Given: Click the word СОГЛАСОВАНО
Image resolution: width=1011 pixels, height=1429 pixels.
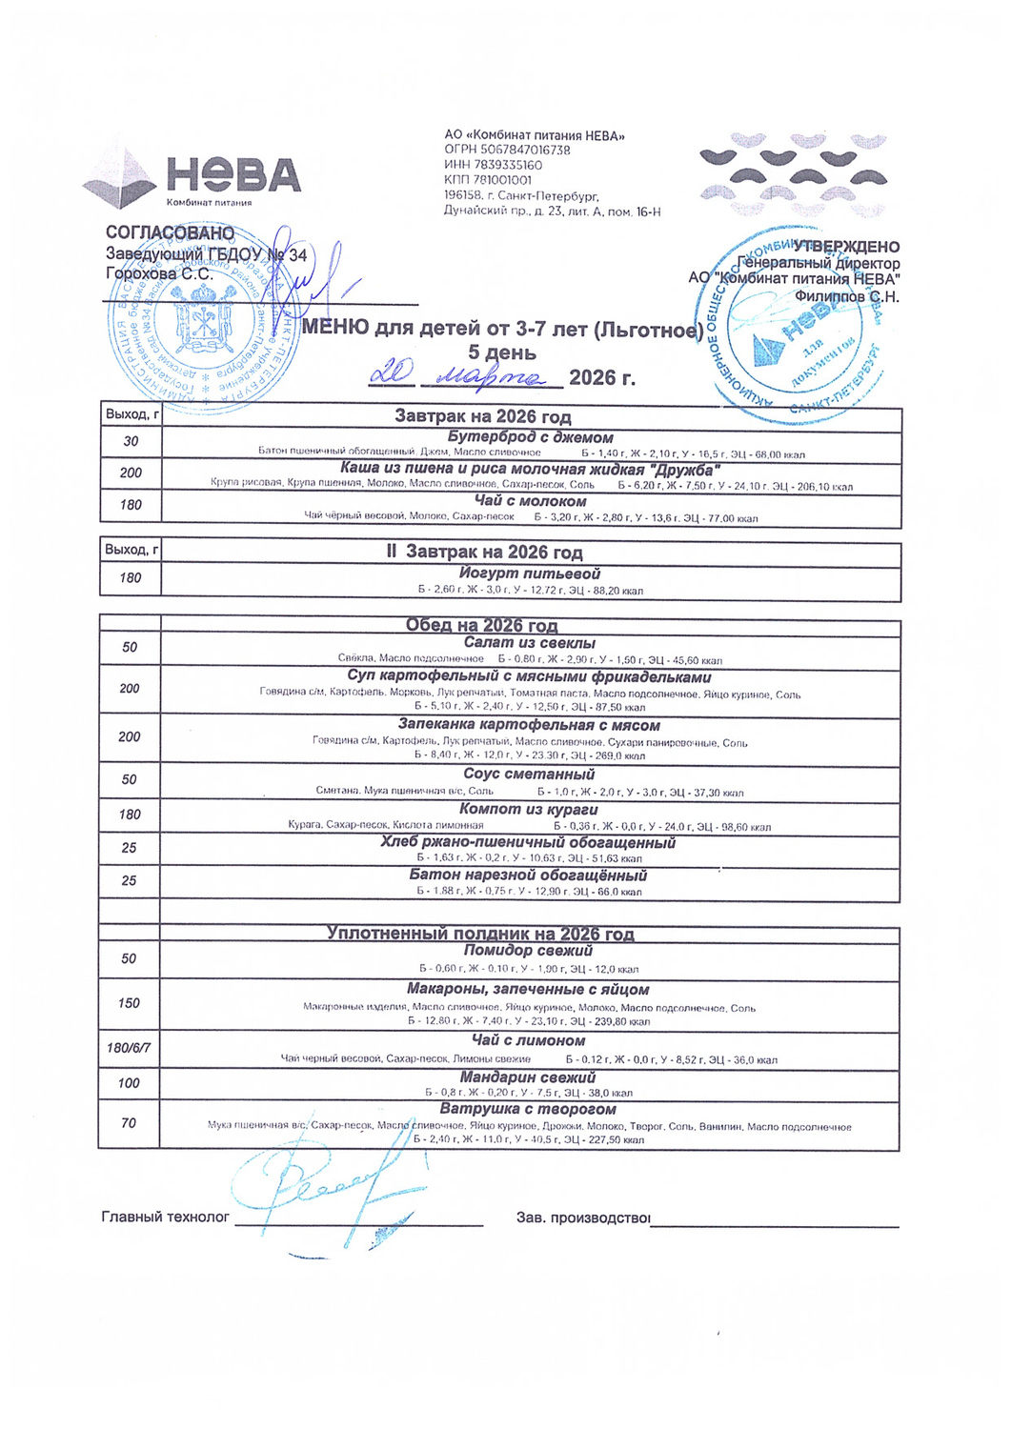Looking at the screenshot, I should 170,233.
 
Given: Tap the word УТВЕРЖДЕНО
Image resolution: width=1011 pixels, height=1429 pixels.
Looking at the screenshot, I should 845,248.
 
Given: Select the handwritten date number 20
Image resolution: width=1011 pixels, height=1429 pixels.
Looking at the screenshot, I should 390,373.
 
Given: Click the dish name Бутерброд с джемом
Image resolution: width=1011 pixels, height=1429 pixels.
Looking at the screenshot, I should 530,437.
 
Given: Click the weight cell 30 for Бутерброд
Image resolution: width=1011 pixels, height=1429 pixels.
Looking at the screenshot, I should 131,441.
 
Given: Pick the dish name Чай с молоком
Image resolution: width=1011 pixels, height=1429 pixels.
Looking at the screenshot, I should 530,501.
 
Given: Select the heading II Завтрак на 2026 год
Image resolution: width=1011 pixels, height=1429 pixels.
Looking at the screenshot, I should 484,553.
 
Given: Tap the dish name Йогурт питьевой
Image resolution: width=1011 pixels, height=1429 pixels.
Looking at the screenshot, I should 530,574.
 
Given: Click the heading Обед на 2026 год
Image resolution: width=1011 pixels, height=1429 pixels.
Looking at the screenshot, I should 481,625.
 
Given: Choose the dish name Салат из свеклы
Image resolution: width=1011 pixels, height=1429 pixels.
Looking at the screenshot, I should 529,643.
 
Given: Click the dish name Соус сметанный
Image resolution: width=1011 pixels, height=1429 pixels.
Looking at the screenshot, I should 529,775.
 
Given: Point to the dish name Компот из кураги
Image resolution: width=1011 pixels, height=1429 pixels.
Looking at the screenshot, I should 529,809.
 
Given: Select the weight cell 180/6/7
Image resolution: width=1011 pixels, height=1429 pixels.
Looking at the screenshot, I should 129,1048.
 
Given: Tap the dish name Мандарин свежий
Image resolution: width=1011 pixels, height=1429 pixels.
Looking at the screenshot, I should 528,1077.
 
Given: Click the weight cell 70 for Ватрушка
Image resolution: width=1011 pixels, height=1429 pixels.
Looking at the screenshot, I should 129,1123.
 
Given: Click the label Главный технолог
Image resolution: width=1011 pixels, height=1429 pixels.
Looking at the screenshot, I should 166,1217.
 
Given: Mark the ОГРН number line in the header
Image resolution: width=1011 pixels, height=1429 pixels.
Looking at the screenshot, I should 507,151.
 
